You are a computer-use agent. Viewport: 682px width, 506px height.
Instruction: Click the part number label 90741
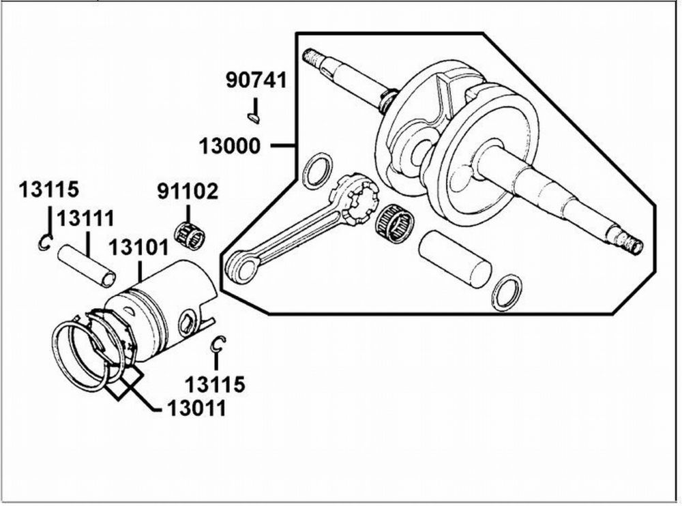pyautogui.click(x=256, y=81)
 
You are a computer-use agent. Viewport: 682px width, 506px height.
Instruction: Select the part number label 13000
pyautogui.click(x=230, y=145)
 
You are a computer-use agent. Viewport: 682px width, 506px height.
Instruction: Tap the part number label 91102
pyautogui.click(x=188, y=192)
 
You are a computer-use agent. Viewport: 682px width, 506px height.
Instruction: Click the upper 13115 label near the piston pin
pyautogui.click(x=48, y=188)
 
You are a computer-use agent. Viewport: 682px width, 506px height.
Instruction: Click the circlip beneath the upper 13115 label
pyautogui.click(x=45, y=242)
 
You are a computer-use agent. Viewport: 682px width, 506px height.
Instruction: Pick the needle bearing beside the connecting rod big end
pyautogui.click(x=395, y=223)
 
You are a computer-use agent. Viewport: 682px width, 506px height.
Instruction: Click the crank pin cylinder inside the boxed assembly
pyautogui.click(x=454, y=257)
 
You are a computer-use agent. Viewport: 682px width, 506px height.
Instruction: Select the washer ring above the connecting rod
pyautogui.click(x=317, y=171)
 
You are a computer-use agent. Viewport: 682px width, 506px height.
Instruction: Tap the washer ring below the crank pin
pyautogui.click(x=506, y=293)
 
